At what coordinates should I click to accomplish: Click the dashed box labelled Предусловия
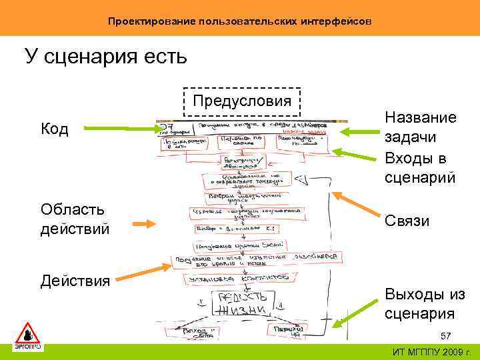241,102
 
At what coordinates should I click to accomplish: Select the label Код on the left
55,129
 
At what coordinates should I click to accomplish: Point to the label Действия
75,281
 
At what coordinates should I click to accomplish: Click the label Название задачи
420,127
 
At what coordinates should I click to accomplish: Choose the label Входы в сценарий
420,168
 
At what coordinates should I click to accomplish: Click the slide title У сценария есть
106,56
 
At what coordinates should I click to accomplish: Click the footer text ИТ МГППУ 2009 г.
431,352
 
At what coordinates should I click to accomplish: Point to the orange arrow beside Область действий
150,225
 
